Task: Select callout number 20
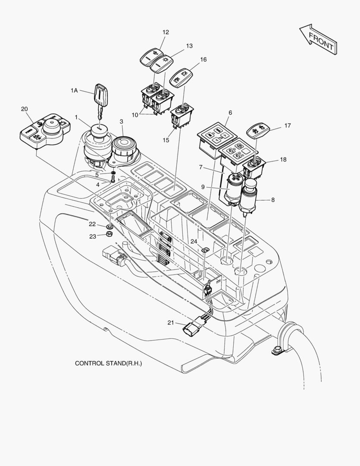coord(24,109)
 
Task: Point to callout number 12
coord(166,32)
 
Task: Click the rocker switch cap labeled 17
coord(257,130)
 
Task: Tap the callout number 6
coord(230,113)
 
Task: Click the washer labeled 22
coord(110,226)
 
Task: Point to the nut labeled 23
coord(110,235)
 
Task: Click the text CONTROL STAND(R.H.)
coord(108,363)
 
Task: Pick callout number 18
coord(283,160)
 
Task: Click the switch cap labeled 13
coord(161,63)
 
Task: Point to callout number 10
coord(135,115)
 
